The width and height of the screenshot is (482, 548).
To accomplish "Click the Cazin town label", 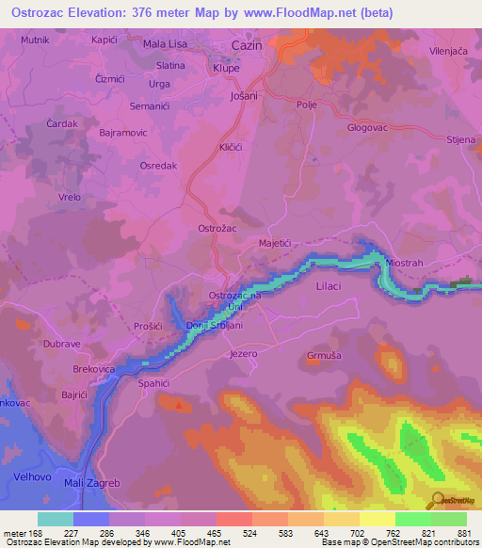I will pos(249,45).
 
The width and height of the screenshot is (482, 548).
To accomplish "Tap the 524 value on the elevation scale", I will pos(251,532).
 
